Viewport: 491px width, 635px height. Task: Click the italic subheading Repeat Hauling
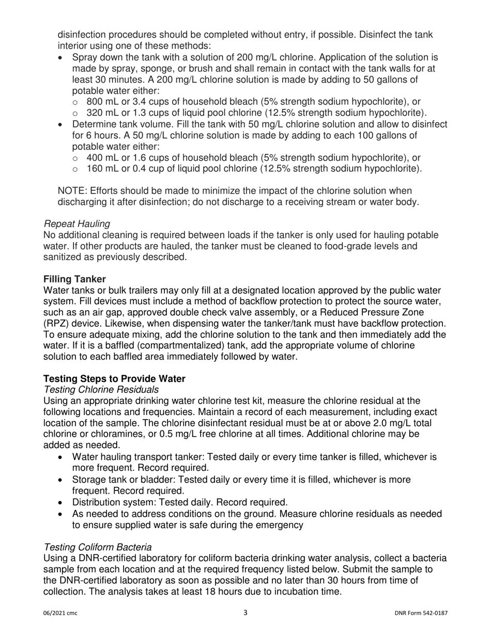(76, 224)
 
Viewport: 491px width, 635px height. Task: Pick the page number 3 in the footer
(245, 613)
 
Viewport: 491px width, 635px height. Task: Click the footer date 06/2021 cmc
(60, 613)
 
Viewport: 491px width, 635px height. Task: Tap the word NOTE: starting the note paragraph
(73, 190)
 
